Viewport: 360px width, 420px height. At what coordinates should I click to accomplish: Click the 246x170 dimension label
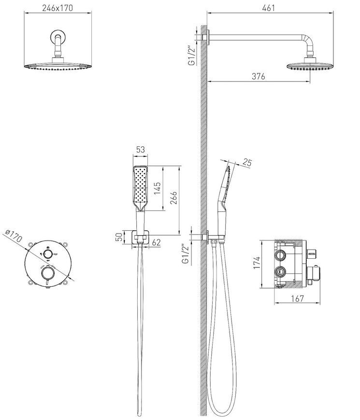(x=58, y=8)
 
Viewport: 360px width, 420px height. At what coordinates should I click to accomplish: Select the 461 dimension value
(x=268, y=8)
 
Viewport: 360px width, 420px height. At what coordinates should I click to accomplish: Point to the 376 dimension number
(x=259, y=76)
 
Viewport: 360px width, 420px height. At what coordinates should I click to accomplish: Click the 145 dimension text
(x=157, y=188)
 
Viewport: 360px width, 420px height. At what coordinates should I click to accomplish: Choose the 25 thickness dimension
(x=247, y=163)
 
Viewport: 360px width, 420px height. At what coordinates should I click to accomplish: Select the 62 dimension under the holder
(x=156, y=242)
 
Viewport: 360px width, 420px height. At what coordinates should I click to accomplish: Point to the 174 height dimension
(x=257, y=263)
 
